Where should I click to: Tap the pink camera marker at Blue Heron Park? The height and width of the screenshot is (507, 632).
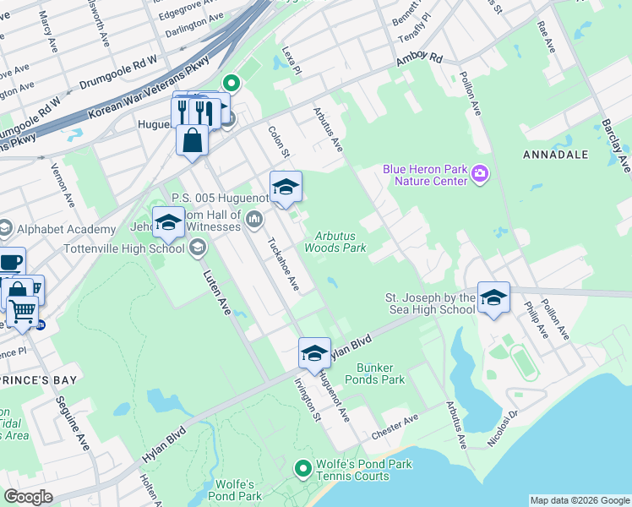pos(480,174)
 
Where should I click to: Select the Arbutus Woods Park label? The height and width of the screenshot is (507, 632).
pos(341,243)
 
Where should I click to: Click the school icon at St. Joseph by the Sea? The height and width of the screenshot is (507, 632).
pos(493,297)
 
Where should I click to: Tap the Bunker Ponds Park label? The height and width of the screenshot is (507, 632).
pos(380,373)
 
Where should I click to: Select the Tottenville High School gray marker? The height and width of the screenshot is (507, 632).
pos(198,247)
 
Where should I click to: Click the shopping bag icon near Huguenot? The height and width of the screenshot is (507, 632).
pos(193,139)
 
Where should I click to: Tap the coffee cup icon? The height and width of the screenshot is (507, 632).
pos(10,261)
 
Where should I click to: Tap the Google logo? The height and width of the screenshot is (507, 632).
pos(29,496)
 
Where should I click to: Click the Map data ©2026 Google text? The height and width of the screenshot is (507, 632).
pos(579,500)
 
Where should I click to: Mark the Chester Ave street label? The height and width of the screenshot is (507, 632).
pos(395,427)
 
